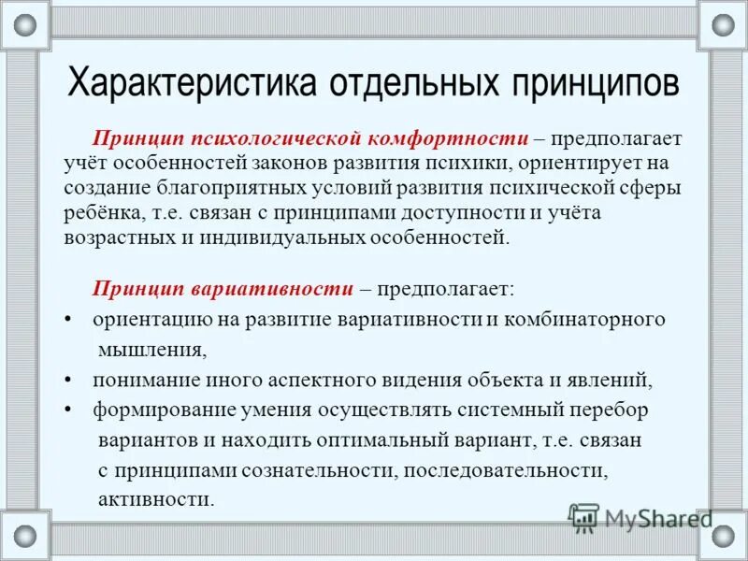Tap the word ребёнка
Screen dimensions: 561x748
(101, 212)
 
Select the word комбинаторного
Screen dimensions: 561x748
(583, 319)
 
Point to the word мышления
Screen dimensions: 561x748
(151, 351)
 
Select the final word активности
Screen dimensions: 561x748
(156, 498)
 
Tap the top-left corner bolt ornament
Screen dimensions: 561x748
(25, 25)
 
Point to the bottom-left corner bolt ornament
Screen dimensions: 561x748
(25, 536)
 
